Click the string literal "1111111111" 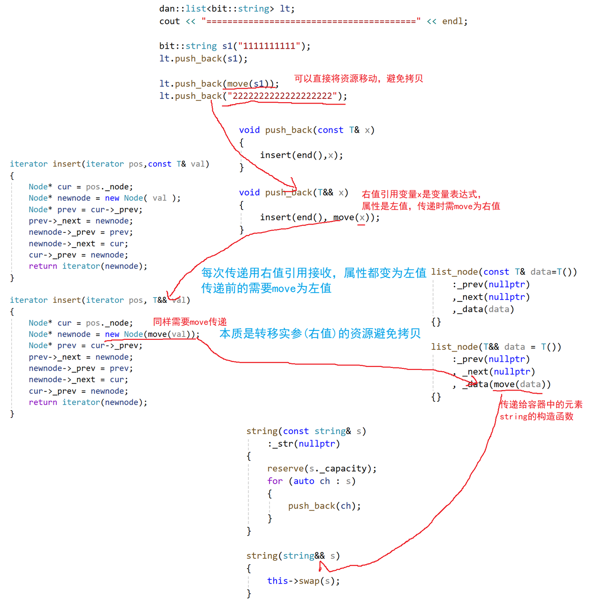[x=269, y=46]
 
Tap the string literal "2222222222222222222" [x=283, y=96]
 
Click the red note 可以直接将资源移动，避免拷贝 [x=359, y=78]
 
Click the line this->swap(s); [x=303, y=581]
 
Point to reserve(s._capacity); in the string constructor [x=322, y=468]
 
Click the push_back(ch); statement [x=324, y=506]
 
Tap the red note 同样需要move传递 [x=190, y=322]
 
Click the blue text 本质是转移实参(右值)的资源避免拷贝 [x=320, y=333]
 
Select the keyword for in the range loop [x=275, y=481]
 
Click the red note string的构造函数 [x=536, y=416]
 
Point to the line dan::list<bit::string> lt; [x=227, y=8]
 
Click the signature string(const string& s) [x=306, y=431]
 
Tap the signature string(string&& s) [x=293, y=555]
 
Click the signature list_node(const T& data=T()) [x=504, y=272]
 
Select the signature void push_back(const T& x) [x=307, y=130]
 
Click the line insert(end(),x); [x=301, y=155]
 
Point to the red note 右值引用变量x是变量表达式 [x=421, y=194]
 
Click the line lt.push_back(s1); [x=203, y=59]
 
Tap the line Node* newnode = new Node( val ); [x=104, y=198]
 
